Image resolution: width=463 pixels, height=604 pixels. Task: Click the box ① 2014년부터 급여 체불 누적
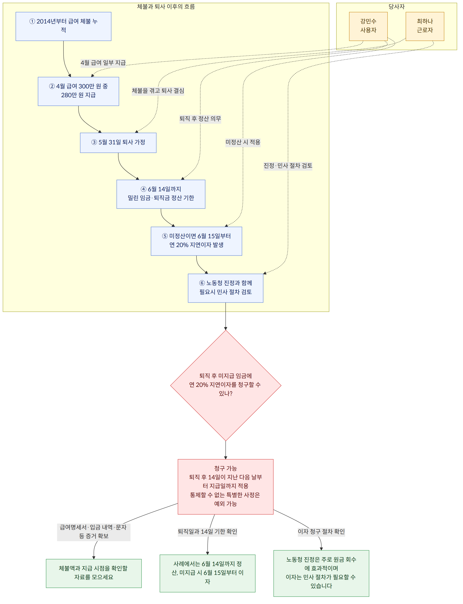click(x=63, y=26)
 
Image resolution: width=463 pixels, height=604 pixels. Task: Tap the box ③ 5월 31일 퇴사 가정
click(x=118, y=143)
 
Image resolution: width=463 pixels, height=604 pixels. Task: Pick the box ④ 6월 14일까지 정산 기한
click(x=161, y=194)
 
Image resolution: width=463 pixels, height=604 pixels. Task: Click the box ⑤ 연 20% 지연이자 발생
click(x=197, y=241)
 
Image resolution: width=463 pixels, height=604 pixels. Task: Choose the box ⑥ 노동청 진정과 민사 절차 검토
click(x=226, y=288)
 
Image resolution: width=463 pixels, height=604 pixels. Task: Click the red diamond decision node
click(x=226, y=385)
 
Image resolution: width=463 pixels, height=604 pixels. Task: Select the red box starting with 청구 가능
click(x=226, y=487)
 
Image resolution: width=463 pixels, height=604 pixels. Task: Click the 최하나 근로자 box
click(x=425, y=26)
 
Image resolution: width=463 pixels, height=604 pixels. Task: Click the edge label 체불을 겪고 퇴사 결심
click(x=158, y=91)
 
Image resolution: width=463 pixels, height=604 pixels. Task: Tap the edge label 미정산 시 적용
click(x=243, y=142)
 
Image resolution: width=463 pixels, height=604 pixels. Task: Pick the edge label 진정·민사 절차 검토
click(x=288, y=166)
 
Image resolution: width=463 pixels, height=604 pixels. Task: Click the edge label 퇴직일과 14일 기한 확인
click(x=207, y=531)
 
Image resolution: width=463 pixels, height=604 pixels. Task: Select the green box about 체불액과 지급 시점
click(x=94, y=573)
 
